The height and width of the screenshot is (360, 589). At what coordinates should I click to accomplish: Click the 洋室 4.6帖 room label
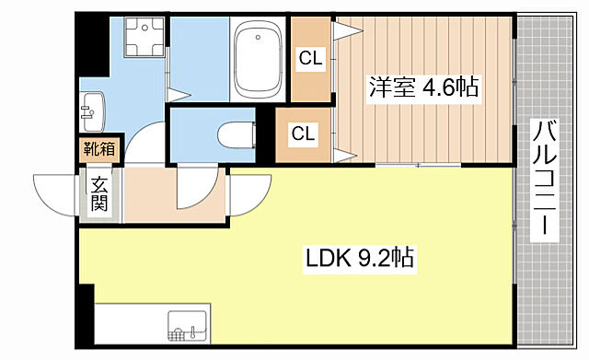(x=422, y=89)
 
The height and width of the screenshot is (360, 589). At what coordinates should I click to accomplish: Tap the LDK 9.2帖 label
(x=360, y=261)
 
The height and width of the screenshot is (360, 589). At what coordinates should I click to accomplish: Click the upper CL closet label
(x=309, y=59)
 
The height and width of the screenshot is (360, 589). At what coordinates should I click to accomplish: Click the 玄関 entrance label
(x=99, y=192)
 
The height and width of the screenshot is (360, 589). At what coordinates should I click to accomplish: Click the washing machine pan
(x=138, y=41)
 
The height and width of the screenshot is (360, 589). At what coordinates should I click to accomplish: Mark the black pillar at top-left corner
(x=89, y=37)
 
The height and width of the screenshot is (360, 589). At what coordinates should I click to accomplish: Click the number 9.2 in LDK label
(x=372, y=261)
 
